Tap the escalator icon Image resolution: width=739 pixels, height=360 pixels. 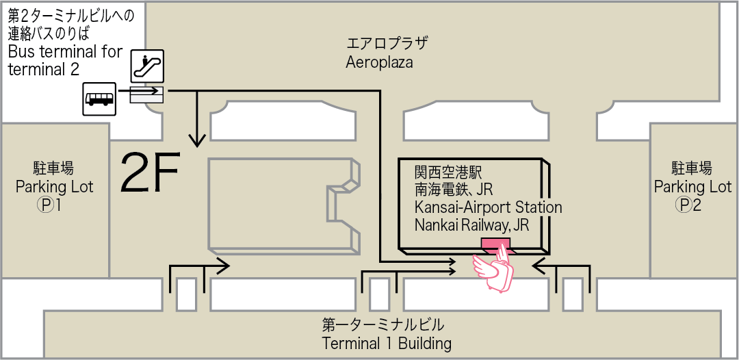pyautogui.click(x=147, y=66)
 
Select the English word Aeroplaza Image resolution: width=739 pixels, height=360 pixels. pyautogui.click(x=379, y=62)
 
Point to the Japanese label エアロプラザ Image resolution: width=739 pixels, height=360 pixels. pyautogui.click(x=387, y=44)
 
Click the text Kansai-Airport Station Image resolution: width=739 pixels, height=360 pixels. pyautogui.click(x=488, y=207)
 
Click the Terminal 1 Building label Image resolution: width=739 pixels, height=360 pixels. pyautogui.click(x=387, y=344)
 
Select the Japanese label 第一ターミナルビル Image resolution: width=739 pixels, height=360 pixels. pyautogui.click(x=383, y=324)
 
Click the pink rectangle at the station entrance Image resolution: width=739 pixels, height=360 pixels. pyautogui.click(x=495, y=244)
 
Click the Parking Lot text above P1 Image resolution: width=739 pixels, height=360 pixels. pyautogui.click(x=54, y=186)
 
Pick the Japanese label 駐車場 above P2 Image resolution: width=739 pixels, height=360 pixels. pyautogui.click(x=692, y=168)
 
